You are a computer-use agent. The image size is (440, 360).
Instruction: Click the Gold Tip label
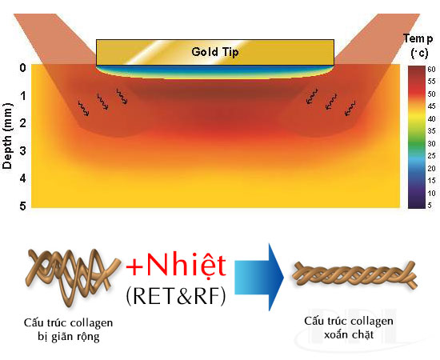pos(215,52)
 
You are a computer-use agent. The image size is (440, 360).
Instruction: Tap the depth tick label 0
pos(22,68)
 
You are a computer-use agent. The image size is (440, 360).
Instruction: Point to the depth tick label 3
pos(22,150)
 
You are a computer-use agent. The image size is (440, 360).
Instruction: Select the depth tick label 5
pos(22,206)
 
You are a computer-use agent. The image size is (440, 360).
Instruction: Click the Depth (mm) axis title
pos(7,136)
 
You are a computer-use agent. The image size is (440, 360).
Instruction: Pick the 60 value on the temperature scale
pos(431,69)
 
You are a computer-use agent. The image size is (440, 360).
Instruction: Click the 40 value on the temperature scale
pos(431,118)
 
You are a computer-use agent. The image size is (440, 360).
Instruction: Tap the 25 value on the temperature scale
pos(431,156)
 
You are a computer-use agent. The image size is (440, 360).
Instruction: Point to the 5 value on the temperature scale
pos(430,206)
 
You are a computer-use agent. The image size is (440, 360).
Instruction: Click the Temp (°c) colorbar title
pos(418,46)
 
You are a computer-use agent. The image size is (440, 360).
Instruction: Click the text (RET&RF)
pos(176,296)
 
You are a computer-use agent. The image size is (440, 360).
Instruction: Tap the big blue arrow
pos(259,278)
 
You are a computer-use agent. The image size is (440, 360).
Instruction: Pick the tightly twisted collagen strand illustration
pos(354,274)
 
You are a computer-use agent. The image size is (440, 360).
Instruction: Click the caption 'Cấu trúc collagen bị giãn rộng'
pos(68,330)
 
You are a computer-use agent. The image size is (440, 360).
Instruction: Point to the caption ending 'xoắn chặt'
pos(349,328)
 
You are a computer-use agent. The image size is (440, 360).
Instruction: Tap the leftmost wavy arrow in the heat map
pos(84,108)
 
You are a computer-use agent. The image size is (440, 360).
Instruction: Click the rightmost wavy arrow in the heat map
pos(350,108)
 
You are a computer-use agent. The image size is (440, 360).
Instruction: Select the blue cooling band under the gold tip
pos(215,70)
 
